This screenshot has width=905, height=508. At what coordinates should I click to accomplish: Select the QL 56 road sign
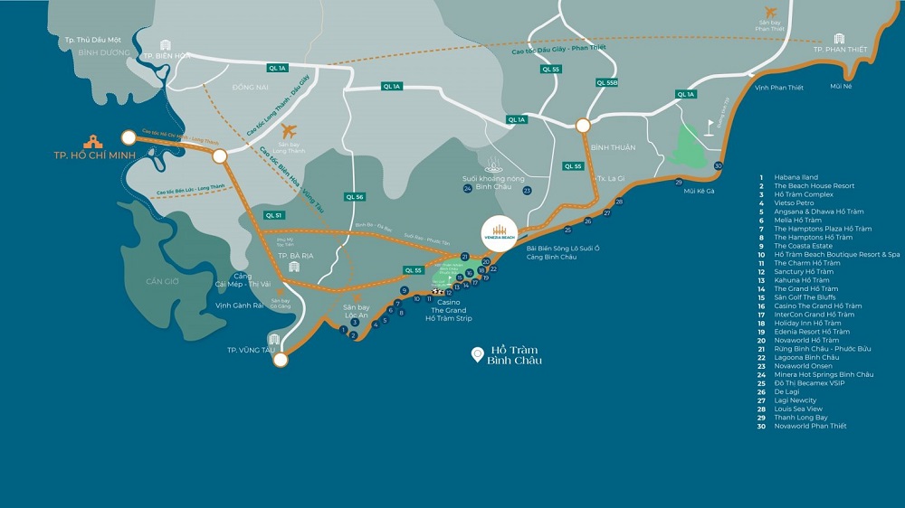click(355, 196)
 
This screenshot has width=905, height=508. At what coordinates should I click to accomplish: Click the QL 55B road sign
click(607, 83)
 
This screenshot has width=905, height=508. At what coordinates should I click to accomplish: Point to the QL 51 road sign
click(273, 215)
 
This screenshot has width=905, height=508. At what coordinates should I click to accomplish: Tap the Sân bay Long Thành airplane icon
click(290, 131)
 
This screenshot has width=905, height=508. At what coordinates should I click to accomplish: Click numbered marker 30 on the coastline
click(718, 166)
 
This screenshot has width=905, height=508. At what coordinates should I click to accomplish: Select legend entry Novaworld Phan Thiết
click(810, 426)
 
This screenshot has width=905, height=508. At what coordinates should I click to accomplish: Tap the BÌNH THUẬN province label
click(614, 147)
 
